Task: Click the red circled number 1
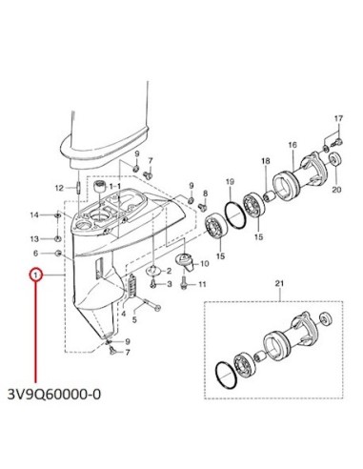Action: click(36, 275)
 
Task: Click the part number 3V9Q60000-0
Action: click(54, 395)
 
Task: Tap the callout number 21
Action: click(279, 283)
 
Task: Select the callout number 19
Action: click(230, 182)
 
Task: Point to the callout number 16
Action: click(292, 145)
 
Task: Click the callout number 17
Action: click(338, 118)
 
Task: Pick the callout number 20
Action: click(336, 190)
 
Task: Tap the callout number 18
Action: click(266, 161)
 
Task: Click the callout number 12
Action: click(60, 188)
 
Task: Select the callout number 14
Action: click(34, 215)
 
